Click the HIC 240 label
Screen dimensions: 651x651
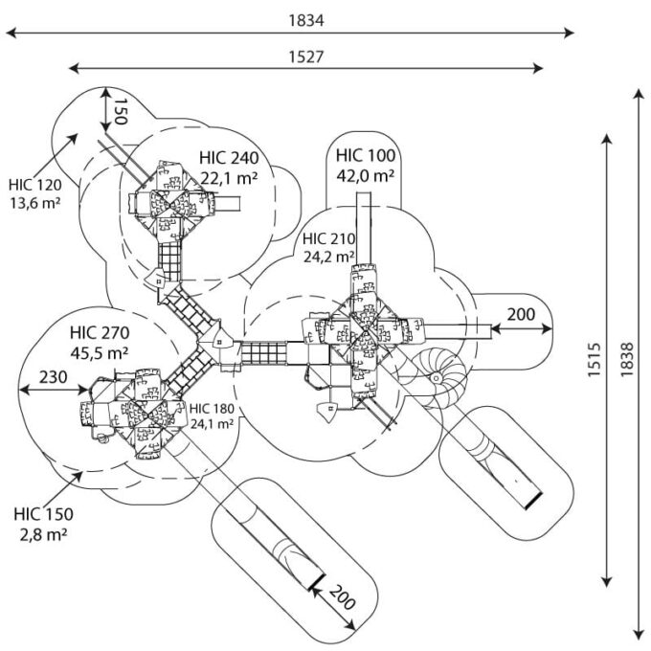point(230,158)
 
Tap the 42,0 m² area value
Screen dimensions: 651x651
point(366,175)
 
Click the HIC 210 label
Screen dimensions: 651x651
point(329,238)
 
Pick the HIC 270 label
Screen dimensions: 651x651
point(100,333)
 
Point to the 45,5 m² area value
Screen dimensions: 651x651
point(100,353)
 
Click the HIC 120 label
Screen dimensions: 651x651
point(34,184)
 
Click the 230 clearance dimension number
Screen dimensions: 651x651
point(53,377)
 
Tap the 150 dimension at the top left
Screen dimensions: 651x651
point(120,111)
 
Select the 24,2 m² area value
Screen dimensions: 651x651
point(329,257)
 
